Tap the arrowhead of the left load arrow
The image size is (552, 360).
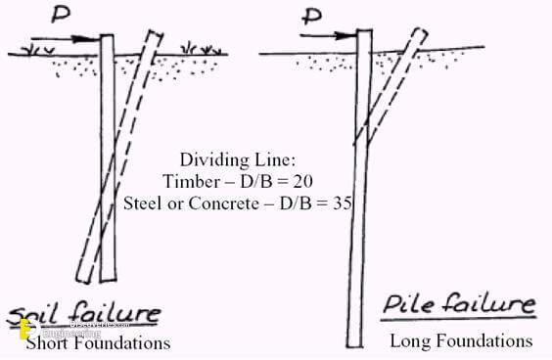point(97,42)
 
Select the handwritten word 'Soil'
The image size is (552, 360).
point(44,316)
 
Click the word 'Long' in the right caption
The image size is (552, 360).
point(410,341)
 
